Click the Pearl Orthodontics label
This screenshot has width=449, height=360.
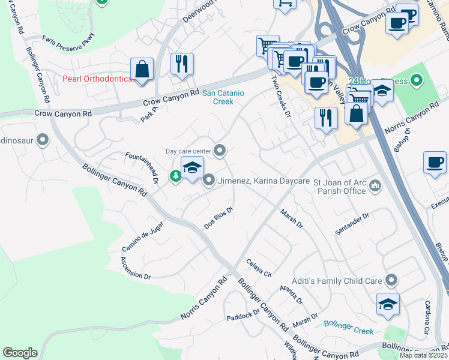tap(97, 79)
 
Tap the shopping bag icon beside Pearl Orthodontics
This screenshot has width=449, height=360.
tap(142, 69)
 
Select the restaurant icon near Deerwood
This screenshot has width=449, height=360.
tap(182, 64)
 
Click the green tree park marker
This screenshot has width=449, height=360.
tap(175, 176)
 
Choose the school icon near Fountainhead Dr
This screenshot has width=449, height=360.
tap(192, 168)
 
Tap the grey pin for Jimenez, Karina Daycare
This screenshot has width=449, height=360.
tap(209, 179)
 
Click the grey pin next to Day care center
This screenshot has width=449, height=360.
tap(220, 151)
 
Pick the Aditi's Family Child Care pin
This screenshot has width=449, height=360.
tap(391, 280)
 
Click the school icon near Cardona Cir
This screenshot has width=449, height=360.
tap(388, 304)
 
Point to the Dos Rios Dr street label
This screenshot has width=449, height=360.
tap(218, 218)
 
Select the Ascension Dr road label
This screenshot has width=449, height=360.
tap(135, 268)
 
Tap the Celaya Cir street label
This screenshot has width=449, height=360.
tap(259, 268)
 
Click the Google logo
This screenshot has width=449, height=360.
tap(20, 353)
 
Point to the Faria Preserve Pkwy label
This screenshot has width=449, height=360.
tap(69, 41)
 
